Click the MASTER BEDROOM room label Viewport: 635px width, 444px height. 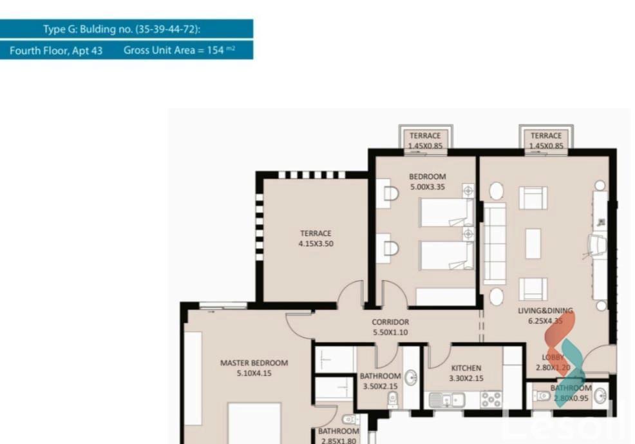coord(254,363)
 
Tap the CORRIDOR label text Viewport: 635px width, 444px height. coord(390,322)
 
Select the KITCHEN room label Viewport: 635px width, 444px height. coord(466,368)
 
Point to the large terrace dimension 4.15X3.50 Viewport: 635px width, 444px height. coord(316,244)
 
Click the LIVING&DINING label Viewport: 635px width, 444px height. coord(545,311)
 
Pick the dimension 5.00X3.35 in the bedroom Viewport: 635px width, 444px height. coord(427,188)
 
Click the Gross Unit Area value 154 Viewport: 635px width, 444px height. coord(215,50)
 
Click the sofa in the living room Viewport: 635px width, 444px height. coord(495,244)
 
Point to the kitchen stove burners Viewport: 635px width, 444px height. coord(491,400)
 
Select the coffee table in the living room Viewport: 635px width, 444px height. coord(533,244)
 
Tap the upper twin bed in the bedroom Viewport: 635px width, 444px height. coord(446,212)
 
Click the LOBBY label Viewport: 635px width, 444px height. coord(553,357)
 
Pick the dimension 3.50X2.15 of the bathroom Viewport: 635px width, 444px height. coord(380,386)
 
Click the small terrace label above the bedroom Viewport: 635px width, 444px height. coord(425,136)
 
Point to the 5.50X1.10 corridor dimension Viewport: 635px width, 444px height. coord(390,333)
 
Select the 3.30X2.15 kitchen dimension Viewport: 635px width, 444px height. coord(466,378)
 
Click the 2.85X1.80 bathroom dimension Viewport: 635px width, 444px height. coord(338,441)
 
